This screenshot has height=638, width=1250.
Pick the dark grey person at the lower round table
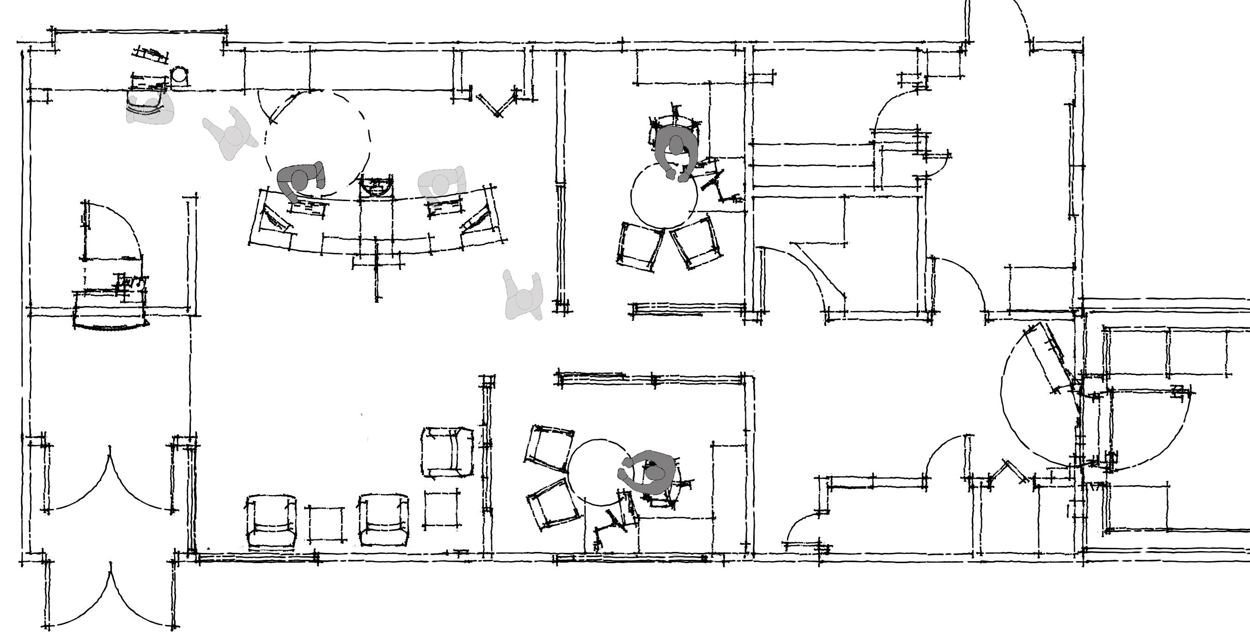click(650, 473)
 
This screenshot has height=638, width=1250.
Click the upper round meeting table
click(664, 194)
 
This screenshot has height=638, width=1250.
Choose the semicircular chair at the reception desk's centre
click(376, 186)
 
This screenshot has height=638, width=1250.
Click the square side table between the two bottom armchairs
click(326, 524)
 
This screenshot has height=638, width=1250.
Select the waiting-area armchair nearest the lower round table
click(447, 452)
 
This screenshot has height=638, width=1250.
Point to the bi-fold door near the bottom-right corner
click(1006, 471)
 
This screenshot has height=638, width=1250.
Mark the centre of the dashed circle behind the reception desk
click(317, 141)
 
